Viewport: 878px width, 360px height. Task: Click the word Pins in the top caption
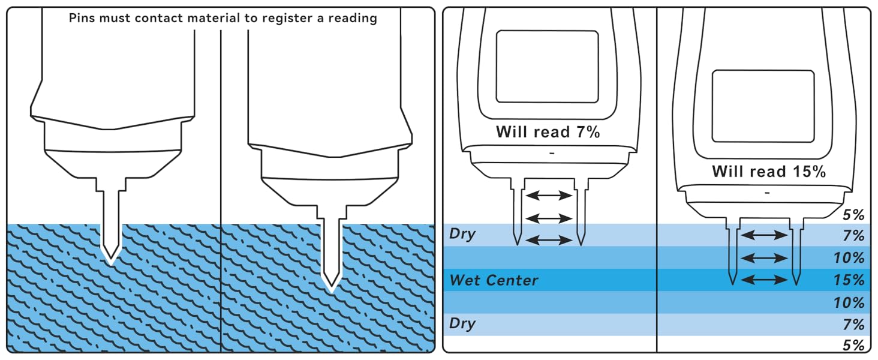82,18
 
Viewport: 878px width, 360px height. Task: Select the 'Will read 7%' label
548,133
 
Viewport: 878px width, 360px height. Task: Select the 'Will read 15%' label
768,171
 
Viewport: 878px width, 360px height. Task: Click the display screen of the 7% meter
548,67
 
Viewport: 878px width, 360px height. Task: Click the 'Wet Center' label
494,280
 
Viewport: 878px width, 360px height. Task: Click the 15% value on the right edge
849,280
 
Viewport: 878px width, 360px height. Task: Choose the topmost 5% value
853,214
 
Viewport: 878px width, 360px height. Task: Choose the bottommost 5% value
853,346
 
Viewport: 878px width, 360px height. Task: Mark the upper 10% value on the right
849,258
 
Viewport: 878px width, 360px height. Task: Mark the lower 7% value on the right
853,325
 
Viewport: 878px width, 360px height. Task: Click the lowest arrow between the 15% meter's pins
763,280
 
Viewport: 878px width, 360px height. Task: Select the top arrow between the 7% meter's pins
548,196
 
